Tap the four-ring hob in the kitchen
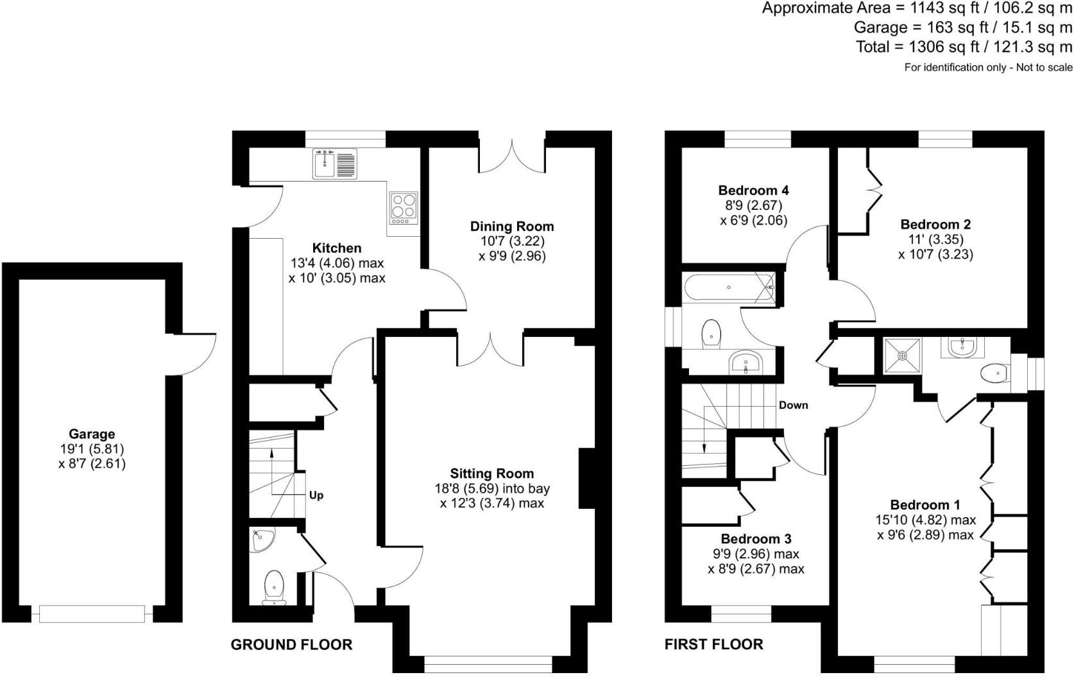403,208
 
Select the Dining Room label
511,226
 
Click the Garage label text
92,434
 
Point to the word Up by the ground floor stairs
316,495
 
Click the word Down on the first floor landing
793,405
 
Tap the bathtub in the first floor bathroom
729,287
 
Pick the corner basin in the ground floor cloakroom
263,540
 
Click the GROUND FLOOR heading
291,644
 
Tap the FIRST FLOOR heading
713,644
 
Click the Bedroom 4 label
753,190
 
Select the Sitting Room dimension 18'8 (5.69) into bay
491,488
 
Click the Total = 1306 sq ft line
964,47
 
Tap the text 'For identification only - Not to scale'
988,67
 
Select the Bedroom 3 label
756,538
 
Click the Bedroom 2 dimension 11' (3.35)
935,239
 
